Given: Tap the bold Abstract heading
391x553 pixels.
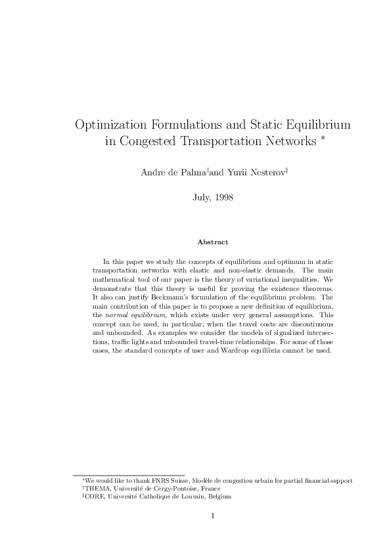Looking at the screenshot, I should pyautogui.click(x=213, y=242).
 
